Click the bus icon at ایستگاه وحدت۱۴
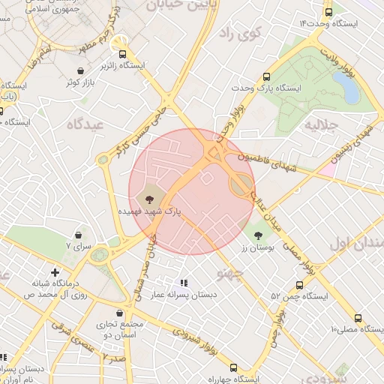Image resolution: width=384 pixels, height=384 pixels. [x=328, y=12]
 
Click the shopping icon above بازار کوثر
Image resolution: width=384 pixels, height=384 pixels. [x=79, y=71]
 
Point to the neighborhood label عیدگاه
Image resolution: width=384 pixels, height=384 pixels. [x=83, y=124]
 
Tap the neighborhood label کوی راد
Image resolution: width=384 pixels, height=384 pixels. [x=238, y=33]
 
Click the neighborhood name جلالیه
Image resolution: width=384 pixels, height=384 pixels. [x=320, y=127]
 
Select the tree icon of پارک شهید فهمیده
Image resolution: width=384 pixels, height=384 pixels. [x=148, y=199]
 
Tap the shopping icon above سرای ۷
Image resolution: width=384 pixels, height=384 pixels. [x=78, y=235]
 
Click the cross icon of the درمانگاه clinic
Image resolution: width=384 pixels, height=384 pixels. [x=54, y=272]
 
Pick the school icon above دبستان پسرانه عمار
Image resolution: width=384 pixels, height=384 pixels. [x=184, y=283]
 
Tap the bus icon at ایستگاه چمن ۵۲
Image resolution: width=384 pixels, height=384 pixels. [x=299, y=285]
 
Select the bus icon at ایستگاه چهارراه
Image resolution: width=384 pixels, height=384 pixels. [x=234, y=367]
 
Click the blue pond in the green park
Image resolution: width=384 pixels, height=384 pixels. [x=349, y=87]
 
